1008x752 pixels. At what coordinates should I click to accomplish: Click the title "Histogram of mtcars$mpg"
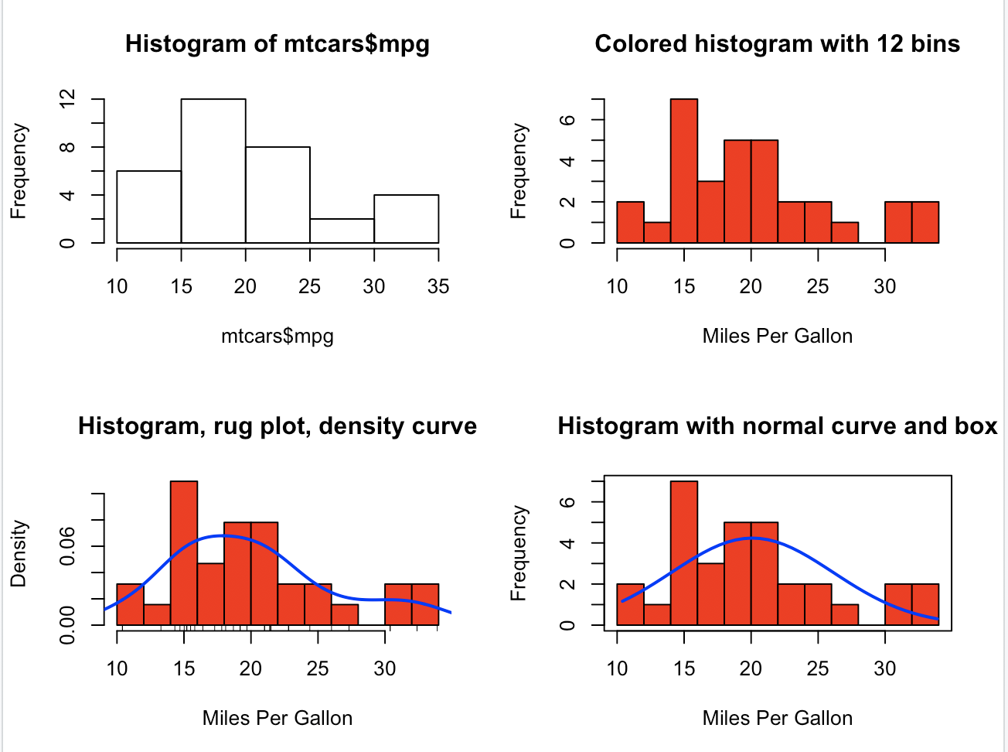click(x=278, y=44)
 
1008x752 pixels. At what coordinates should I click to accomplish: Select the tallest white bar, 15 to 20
click(x=213, y=170)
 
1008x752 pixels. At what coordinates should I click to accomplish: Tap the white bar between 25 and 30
click(x=342, y=231)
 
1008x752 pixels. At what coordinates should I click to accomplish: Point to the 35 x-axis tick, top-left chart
click(x=438, y=287)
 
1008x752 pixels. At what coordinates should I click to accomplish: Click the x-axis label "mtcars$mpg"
click(x=278, y=337)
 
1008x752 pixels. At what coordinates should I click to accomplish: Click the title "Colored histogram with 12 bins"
click(x=777, y=44)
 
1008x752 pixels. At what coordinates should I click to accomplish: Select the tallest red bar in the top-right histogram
click(x=684, y=170)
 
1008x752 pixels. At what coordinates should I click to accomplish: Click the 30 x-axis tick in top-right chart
click(x=885, y=287)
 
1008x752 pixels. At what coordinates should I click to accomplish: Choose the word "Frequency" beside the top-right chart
click(x=519, y=171)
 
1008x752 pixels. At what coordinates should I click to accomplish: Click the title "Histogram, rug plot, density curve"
click(x=278, y=426)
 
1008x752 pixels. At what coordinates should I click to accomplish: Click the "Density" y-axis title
click(x=19, y=553)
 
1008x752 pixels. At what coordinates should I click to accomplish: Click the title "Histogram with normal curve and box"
click(x=777, y=426)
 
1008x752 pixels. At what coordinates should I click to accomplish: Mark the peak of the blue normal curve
click(x=751, y=538)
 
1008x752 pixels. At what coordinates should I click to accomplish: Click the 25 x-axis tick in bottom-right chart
click(x=818, y=669)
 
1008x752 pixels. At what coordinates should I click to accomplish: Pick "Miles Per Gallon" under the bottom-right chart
click(x=777, y=719)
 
